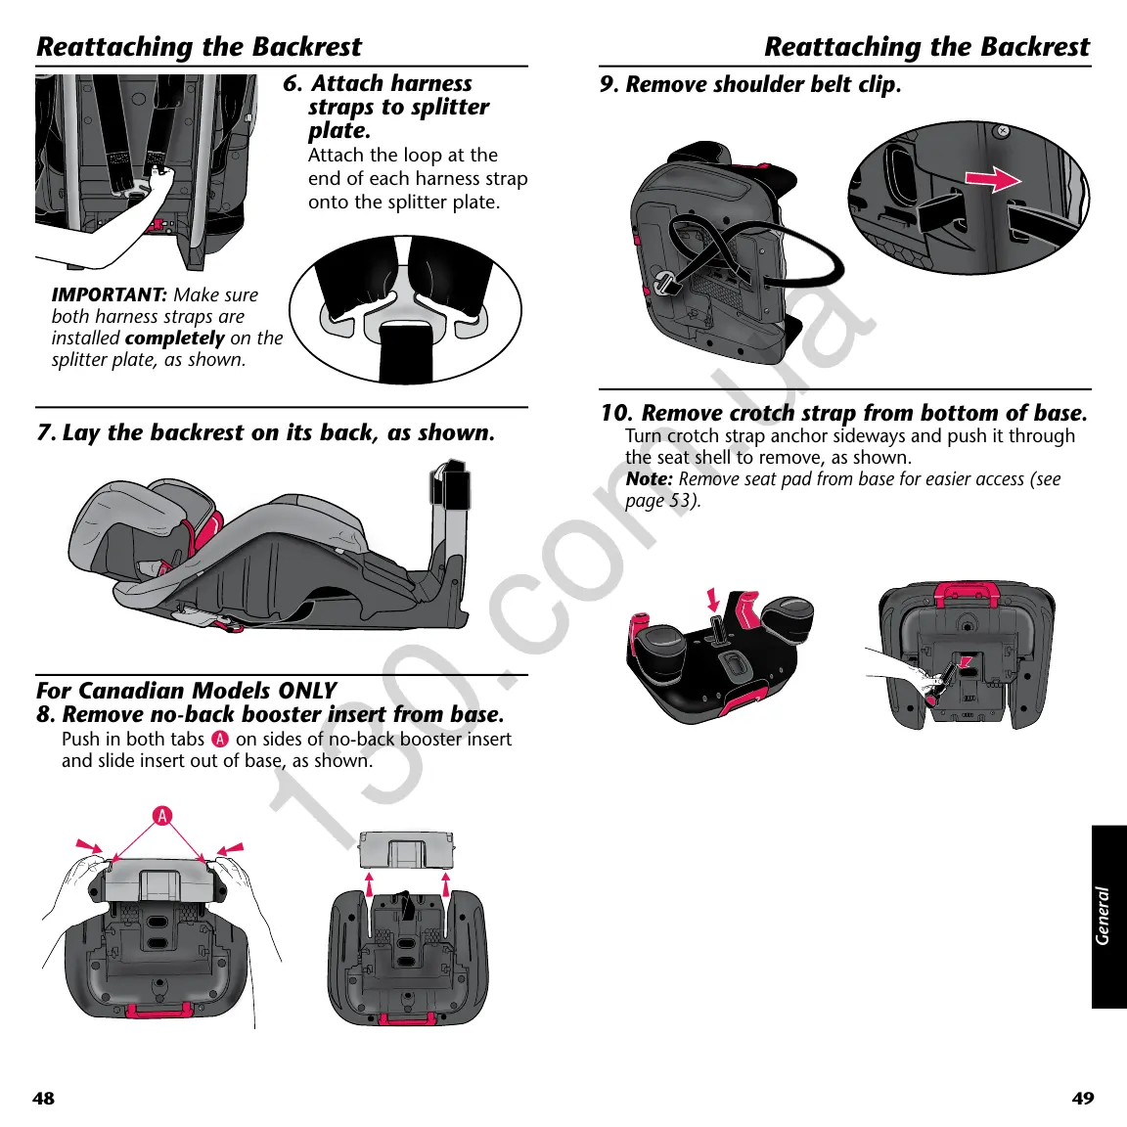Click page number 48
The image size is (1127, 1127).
pyautogui.click(x=43, y=1098)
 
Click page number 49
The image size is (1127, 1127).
pyautogui.click(x=1083, y=1098)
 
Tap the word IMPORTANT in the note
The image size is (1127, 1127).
pyautogui.click(x=109, y=294)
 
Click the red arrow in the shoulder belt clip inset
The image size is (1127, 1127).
pyautogui.click(x=992, y=179)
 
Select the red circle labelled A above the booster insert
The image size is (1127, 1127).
pyautogui.click(x=162, y=816)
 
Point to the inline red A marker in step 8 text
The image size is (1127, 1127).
pyautogui.click(x=220, y=740)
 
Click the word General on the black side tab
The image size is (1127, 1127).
pyautogui.click(x=1104, y=916)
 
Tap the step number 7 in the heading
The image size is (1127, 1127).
pyautogui.click(x=45, y=432)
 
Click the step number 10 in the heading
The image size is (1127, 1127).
pyautogui.click(x=615, y=413)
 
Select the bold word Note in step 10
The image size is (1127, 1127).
pyautogui.click(x=649, y=479)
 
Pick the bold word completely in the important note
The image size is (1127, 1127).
pyautogui.click(x=175, y=338)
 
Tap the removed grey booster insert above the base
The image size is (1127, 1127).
pyautogui.click(x=407, y=850)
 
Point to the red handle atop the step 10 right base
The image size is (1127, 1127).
pyautogui.click(x=967, y=592)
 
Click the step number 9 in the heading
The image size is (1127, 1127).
pyautogui.click(x=609, y=85)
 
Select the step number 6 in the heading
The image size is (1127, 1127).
pyautogui.click(x=292, y=84)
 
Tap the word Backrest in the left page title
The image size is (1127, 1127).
pyautogui.click(x=307, y=47)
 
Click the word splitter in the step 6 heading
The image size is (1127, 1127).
pyautogui.click(x=447, y=108)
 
